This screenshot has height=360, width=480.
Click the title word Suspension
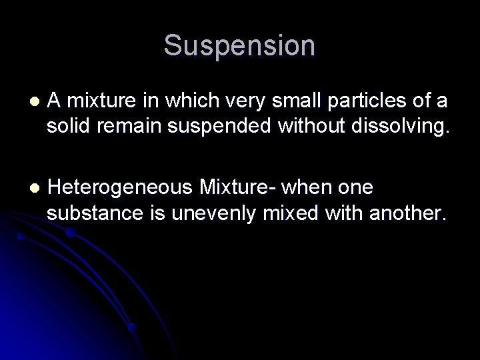coord(239,46)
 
